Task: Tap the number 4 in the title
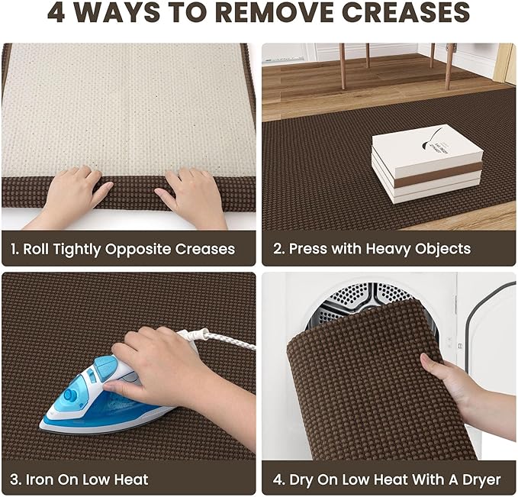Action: [x=56, y=12]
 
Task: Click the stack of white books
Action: [x=427, y=164]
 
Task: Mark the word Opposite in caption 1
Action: [x=137, y=250]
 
